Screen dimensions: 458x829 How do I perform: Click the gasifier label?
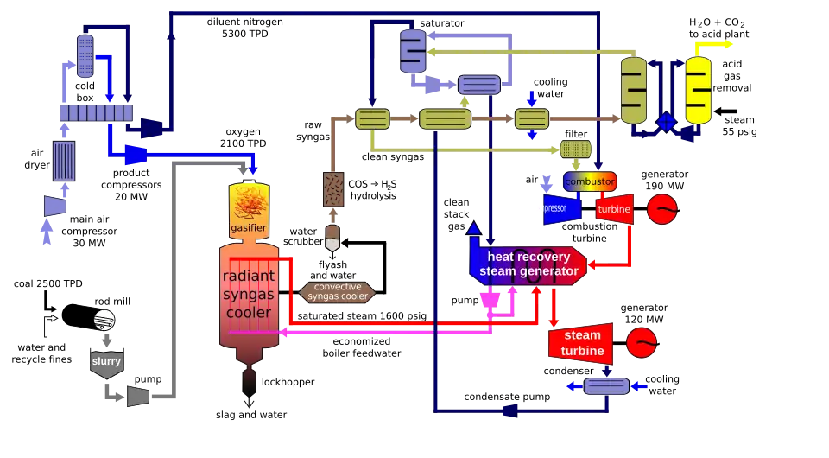coord(248,227)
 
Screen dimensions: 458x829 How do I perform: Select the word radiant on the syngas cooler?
coord(249,277)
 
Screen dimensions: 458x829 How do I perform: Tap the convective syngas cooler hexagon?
coord(337,291)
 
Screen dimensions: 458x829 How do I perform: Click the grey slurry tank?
coord(106,363)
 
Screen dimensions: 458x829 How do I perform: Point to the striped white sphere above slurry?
coord(104,321)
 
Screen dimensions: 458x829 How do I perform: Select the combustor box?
coord(590,181)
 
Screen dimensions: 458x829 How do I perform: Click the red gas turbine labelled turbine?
coord(614,209)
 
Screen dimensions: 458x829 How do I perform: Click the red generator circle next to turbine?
coord(662,208)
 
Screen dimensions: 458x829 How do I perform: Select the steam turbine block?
coord(581,343)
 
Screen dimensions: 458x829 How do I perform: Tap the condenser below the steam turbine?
coord(606,386)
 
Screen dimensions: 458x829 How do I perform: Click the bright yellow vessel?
coord(698,91)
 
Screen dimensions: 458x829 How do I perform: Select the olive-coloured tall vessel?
coord(633,90)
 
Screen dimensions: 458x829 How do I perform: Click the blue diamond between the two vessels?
coord(666,122)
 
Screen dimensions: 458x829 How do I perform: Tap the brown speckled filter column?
coord(332,189)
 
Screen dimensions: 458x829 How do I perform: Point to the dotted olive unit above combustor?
coord(576,149)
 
